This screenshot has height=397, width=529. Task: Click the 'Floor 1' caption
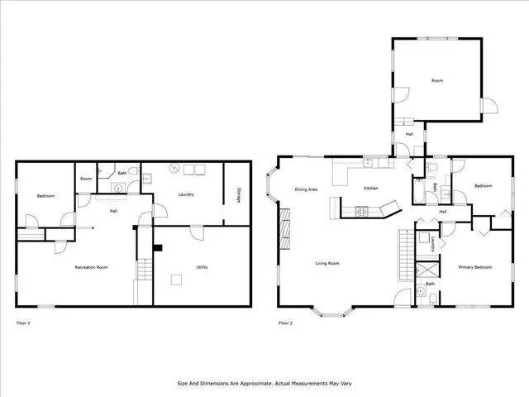tap(23, 323)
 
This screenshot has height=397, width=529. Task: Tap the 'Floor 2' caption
tap(285, 323)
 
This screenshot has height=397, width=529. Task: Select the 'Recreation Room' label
tap(91, 267)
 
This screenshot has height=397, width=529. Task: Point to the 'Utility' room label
tap(202, 267)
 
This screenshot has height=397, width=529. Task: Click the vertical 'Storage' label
tap(238, 194)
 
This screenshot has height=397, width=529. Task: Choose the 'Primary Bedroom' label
tap(475, 267)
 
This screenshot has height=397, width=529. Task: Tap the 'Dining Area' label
tap(307, 189)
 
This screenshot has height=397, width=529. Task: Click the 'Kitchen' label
tap(371, 189)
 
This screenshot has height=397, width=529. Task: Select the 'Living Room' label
tap(327, 264)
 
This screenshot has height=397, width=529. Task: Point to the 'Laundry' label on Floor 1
tap(186, 194)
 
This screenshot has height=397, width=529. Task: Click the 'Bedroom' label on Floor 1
tap(45, 195)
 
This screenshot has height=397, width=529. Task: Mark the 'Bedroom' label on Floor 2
tap(483, 186)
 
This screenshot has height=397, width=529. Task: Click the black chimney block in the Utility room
tap(159, 246)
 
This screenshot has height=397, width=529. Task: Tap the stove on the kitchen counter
tap(362, 213)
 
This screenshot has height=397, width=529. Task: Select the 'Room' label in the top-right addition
tap(436, 81)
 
